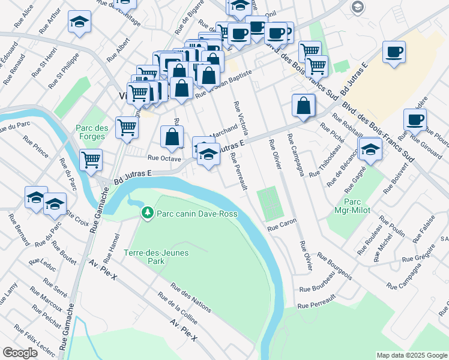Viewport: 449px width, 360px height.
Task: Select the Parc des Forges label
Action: coord(92,132)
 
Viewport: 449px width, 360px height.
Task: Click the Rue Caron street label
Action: coord(282,225)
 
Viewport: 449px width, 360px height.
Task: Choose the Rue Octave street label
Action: coord(164,158)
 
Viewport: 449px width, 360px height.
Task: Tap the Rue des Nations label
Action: coord(191,298)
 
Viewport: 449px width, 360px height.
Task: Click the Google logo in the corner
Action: coord(20,353)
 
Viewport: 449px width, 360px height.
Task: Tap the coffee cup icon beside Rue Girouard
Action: coord(415,119)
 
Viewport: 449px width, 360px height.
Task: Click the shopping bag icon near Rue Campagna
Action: coord(304,105)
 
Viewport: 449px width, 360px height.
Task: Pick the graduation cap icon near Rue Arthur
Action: coord(79,22)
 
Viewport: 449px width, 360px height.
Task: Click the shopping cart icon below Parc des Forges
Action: coord(91,160)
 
